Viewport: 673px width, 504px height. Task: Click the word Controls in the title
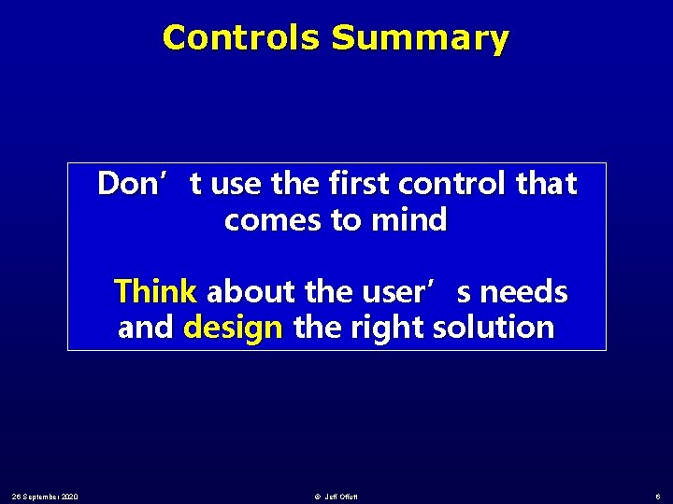tap(242, 38)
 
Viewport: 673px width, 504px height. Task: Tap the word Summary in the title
tap(420, 38)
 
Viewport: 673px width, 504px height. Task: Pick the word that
tap(547, 184)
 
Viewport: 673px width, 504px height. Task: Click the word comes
tap(267, 221)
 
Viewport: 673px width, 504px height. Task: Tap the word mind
tap(408, 221)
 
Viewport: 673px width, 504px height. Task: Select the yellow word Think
tap(155, 292)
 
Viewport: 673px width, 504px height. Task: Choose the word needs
tap(526, 292)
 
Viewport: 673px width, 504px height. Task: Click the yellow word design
tap(234, 328)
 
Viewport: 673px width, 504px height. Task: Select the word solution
tap(501, 328)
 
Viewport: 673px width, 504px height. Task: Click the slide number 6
tap(657, 495)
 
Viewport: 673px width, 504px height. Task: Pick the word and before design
tap(146, 328)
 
